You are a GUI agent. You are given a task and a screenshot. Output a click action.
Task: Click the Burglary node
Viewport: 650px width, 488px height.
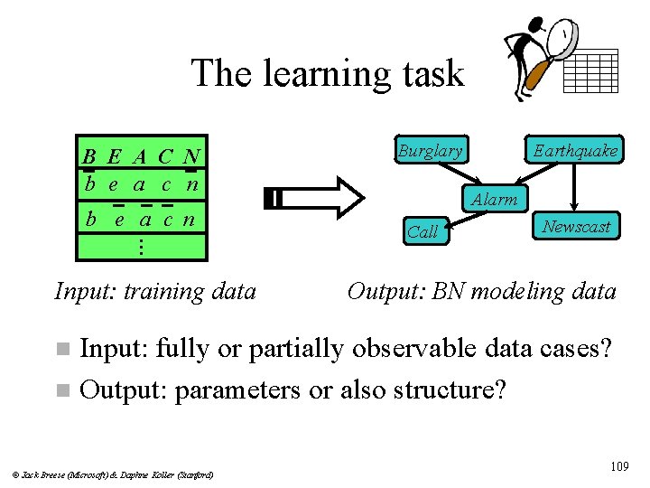[x=431, y=150]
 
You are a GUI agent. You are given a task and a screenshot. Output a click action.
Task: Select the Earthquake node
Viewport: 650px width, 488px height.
[x=575, y=150]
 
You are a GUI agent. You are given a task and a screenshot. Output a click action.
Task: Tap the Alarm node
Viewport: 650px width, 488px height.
[x=494, y=199]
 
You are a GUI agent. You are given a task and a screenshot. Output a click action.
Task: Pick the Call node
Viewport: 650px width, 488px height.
[x=422, y=231]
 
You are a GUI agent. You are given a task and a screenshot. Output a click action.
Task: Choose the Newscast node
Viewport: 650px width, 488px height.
[x=576, y=226]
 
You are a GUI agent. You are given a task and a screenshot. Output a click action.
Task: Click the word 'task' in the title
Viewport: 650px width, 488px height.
[x=424, y=73]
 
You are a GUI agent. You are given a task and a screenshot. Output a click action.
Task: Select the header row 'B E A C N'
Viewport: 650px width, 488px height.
[x=142, y=157]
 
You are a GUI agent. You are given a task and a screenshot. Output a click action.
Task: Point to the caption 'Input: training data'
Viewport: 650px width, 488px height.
[x=155, y=291]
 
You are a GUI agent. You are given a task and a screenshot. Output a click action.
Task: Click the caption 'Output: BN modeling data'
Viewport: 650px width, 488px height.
[x=482, y=291]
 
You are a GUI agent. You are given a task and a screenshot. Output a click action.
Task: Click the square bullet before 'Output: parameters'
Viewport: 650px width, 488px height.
[x=60, y=390]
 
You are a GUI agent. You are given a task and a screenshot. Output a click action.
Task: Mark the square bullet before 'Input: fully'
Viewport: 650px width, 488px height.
[x=60, y=349]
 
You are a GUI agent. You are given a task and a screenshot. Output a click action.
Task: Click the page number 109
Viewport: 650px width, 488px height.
[x=618, y=466]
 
